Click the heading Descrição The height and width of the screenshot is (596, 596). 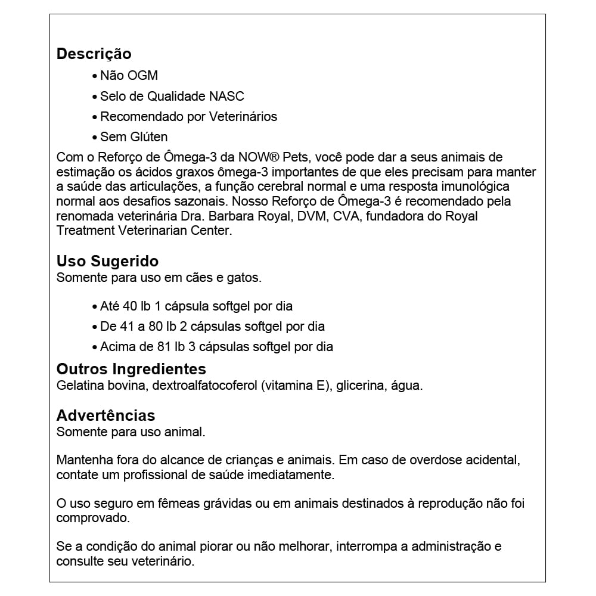click(x=94, y=54)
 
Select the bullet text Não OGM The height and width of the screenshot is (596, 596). click(x=129, y=76)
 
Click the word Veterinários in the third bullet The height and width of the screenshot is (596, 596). click(x=243, y=117)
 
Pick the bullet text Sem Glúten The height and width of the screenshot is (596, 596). click(x=134, y=137)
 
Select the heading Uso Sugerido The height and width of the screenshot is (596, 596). click(x=107, y=261)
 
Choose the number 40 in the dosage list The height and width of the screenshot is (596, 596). click(x=129, y=306)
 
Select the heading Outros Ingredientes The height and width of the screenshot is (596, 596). click(x=131, y=369)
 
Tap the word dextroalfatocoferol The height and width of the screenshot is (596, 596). click(x=204, y=386)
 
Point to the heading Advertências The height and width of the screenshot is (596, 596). click(x=105, y=415)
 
